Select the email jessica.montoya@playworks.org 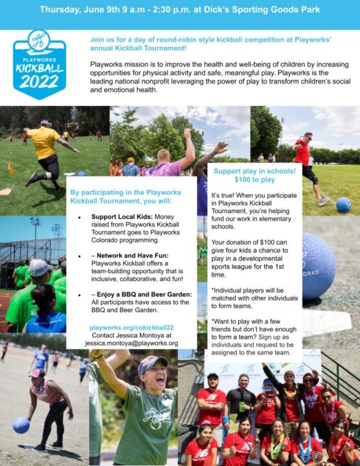click(131, 343)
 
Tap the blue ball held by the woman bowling click(21, 425)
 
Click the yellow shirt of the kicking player click(44, 142)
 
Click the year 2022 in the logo click(39, 82)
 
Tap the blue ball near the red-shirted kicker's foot click(343, 205)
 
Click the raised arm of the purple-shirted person click(188, 146)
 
